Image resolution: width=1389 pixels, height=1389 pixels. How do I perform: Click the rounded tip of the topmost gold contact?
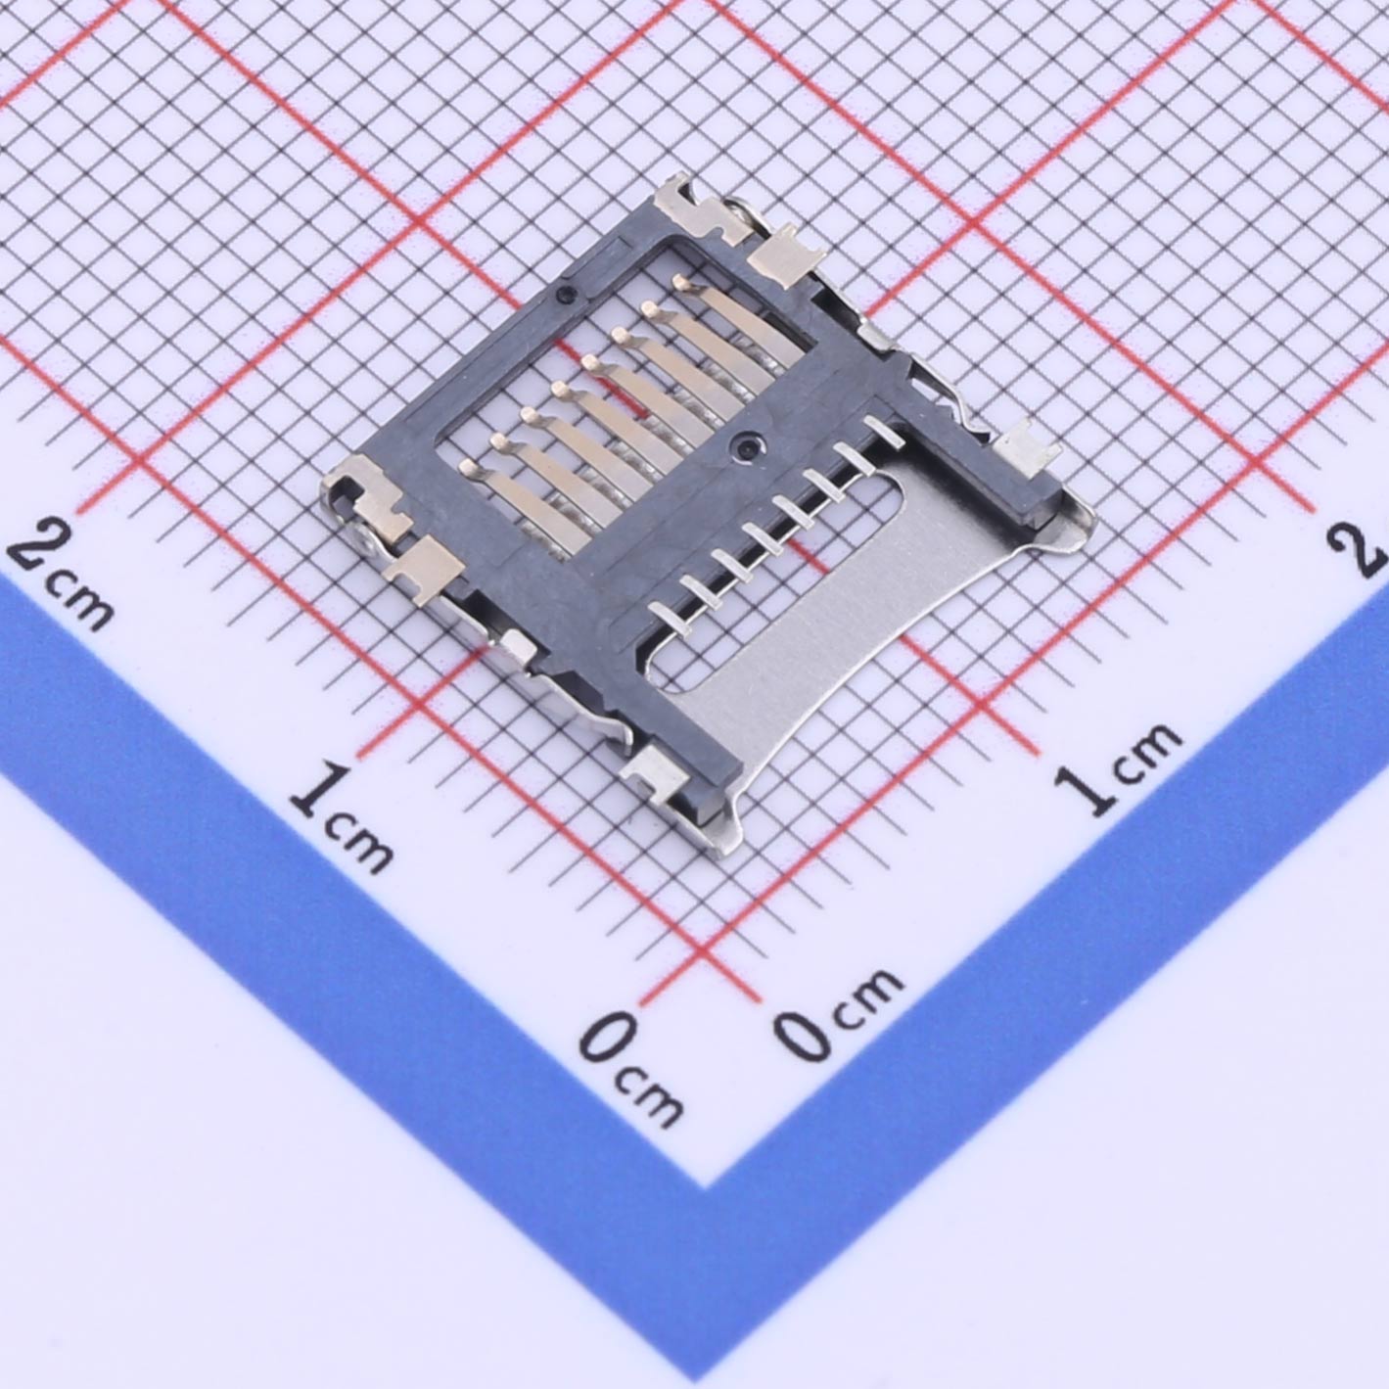pyautogui.click(x=679, y=280)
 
